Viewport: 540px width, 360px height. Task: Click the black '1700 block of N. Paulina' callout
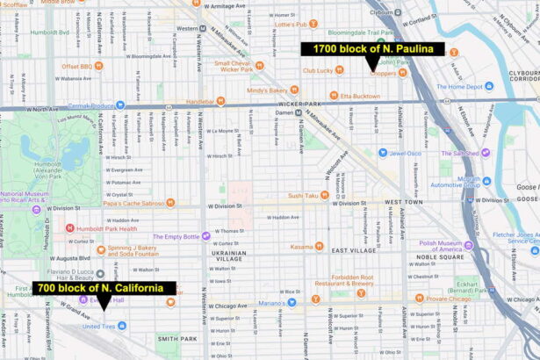(x=367, y=49)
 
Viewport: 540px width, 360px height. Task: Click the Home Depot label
(x=461, y=87)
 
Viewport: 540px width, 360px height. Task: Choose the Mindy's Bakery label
(x=267, y=90)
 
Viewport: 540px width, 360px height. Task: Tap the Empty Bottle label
(x=177, y=236)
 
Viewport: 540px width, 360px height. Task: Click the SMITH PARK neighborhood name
(x=176, y=338)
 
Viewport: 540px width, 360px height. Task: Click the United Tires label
(x=98, y=327)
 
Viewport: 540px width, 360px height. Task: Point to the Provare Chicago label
(x=449, y=299)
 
